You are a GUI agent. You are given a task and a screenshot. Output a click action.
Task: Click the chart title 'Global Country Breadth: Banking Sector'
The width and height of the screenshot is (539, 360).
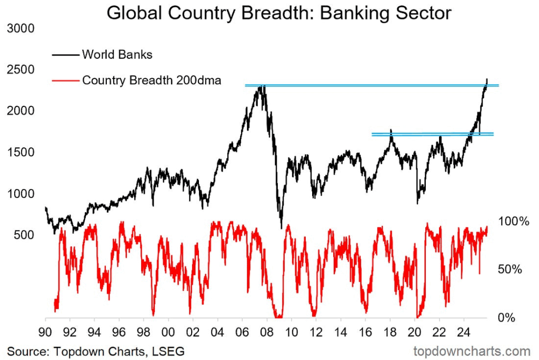coord(279,13)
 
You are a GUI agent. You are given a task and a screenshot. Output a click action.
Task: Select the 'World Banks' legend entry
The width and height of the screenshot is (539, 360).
coord(117,54)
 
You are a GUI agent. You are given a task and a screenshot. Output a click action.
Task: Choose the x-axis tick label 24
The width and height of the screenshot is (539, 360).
coord(464,333)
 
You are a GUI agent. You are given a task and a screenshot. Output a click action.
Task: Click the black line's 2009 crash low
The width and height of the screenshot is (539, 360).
coord(281,227)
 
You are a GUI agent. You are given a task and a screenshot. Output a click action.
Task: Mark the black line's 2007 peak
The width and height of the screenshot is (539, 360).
coord(262,85)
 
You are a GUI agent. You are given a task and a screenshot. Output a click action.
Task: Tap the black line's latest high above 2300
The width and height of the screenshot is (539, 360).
coord(487,79)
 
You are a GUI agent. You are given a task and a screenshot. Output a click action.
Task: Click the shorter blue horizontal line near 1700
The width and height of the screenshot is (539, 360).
coord(432,134)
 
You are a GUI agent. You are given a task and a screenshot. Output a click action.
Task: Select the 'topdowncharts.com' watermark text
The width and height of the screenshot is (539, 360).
coord(472,351)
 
